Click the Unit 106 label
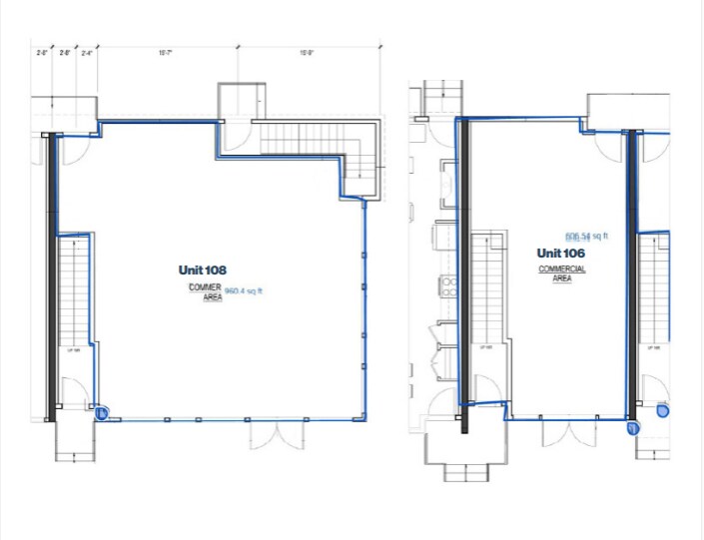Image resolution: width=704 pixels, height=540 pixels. point(560,254)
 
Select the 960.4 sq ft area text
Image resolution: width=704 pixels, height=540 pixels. point(243,292)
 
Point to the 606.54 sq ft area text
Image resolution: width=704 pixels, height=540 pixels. point(586,238)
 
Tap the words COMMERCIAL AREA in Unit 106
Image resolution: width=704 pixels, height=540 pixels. point(562,274)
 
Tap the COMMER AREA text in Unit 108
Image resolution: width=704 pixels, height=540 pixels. point(205,291)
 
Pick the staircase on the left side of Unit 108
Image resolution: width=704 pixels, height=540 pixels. point(75,289)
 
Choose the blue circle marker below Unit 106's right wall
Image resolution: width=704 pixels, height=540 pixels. point(632,429)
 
